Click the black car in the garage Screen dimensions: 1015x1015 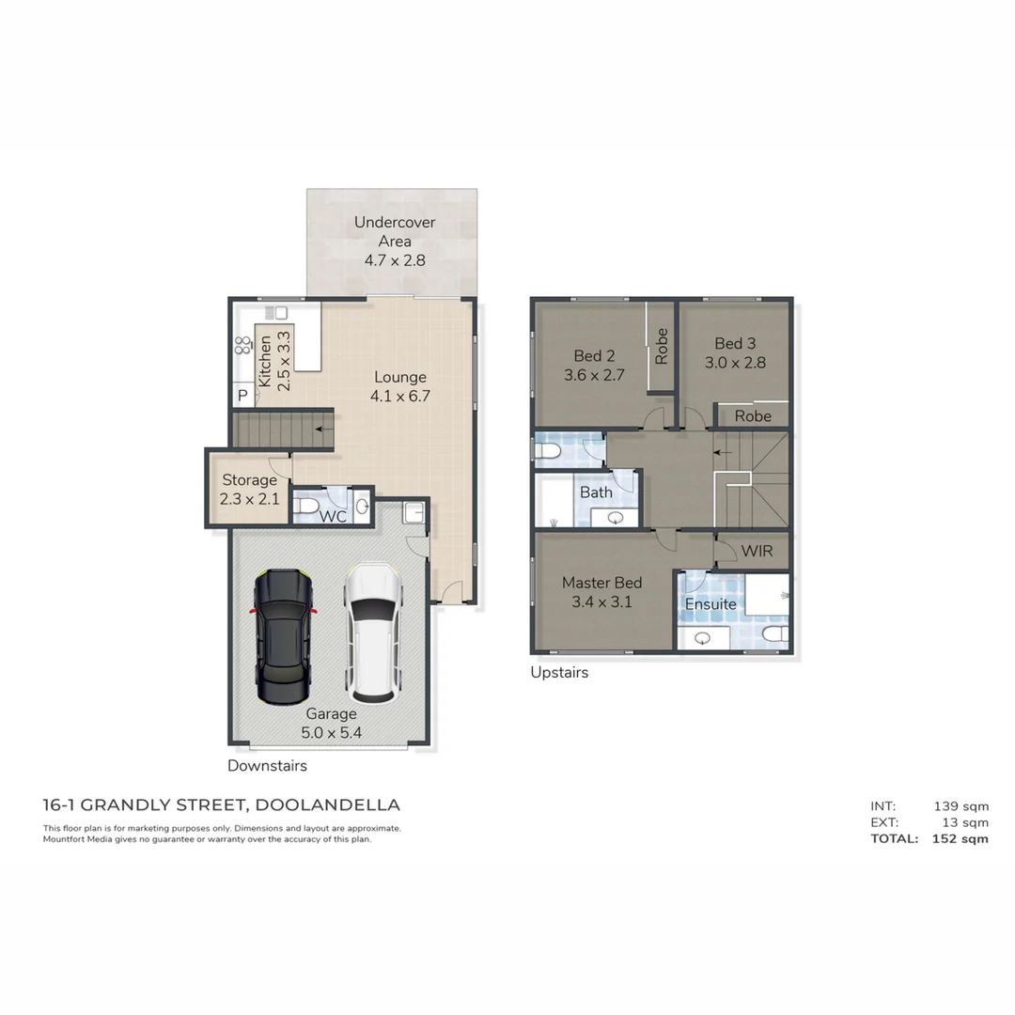pos(283,636)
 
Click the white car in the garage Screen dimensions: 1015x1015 pos(372,632)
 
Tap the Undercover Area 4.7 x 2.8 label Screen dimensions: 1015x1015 pos(395,242)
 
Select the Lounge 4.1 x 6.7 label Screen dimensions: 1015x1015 pos(400,387)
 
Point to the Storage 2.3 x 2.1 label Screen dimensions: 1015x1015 pos(249,490)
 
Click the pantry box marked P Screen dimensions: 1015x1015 pos(242,397)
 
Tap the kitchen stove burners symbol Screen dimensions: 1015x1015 pos(242,345)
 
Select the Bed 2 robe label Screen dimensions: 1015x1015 pos(662,346)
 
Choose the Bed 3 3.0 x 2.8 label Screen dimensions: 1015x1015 pos(734,352)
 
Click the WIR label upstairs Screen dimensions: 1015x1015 pos(757,551)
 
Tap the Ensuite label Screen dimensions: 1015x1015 pos(710,604)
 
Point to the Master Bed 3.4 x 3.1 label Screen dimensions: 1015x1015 pos(601,592)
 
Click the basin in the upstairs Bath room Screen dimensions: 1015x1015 pos(616,518)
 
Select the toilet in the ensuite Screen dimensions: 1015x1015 pos(774,635)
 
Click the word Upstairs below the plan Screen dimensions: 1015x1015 pos(559,672)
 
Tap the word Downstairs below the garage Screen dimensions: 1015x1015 pos(267,766)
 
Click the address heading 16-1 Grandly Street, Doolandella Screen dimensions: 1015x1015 pos(222,805)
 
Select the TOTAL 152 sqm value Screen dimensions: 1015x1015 pos(960,839)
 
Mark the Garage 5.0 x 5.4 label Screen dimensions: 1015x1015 pos(330,724)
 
